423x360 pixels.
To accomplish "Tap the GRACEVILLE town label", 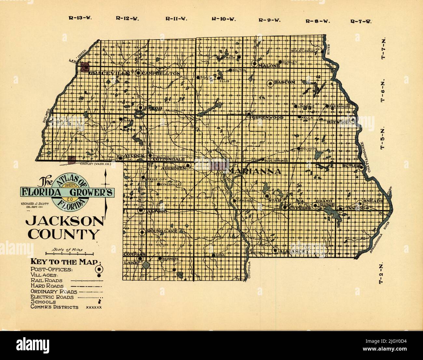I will tap(109, 73).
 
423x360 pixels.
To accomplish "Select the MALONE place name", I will tap(269, 66).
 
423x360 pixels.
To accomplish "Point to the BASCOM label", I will tap(284, 82).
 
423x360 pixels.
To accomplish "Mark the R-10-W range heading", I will tap(223, 19).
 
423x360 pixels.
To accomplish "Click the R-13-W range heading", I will tap(80, 18).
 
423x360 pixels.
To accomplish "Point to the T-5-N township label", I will tap(383, 138).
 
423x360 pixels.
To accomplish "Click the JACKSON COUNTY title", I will tap(64, 228).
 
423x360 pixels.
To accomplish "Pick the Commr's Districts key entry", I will tap(54, 307).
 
